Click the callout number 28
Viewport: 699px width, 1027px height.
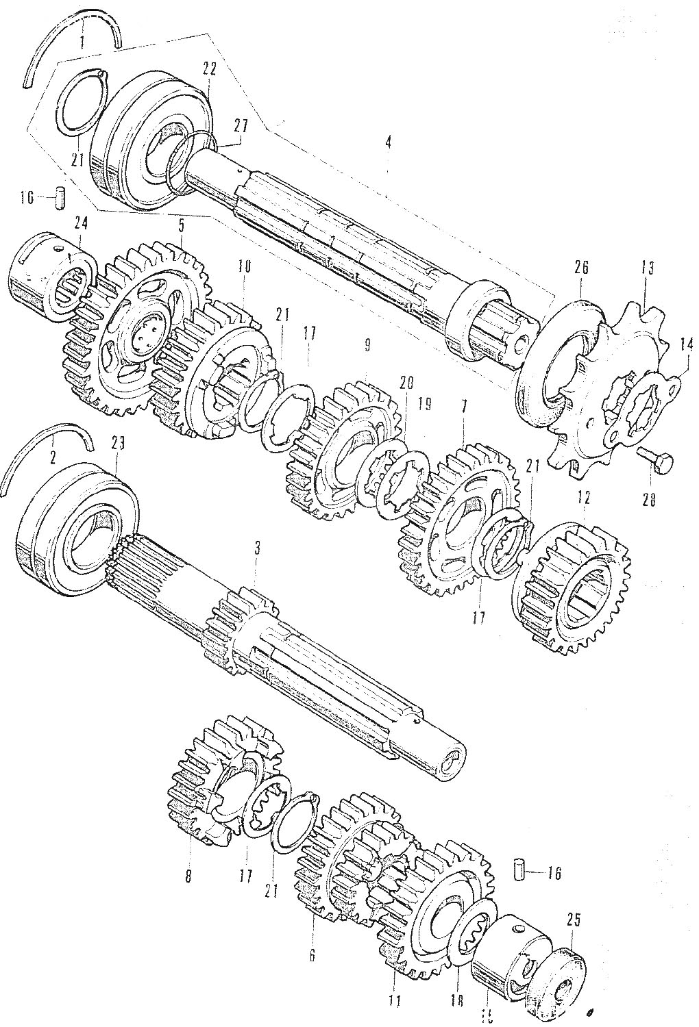coord(648,499)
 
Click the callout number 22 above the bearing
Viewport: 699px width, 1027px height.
coord(208,68)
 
